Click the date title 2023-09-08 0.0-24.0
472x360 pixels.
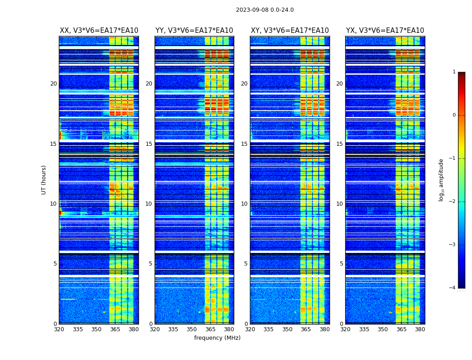(265, 10)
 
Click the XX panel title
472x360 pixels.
(99, 31)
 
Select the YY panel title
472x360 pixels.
(194, 31)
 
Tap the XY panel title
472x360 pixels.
(289, 31)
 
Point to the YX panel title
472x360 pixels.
(385, 31)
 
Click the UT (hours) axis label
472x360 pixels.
(44, 180)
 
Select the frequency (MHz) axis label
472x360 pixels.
(217, 338)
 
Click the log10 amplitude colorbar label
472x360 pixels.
(441, 180)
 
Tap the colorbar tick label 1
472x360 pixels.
(454, 72)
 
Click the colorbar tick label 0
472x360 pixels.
(454, 115)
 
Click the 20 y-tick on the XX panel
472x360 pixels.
(53, 84)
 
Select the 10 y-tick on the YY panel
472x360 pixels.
(149, 204)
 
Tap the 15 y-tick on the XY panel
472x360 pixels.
(244, 144)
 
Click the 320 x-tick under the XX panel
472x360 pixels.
(59, 329)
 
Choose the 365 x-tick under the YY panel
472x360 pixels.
(210, 329)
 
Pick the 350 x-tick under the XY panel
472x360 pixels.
(287, 329)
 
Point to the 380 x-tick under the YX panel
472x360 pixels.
(420, 329)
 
